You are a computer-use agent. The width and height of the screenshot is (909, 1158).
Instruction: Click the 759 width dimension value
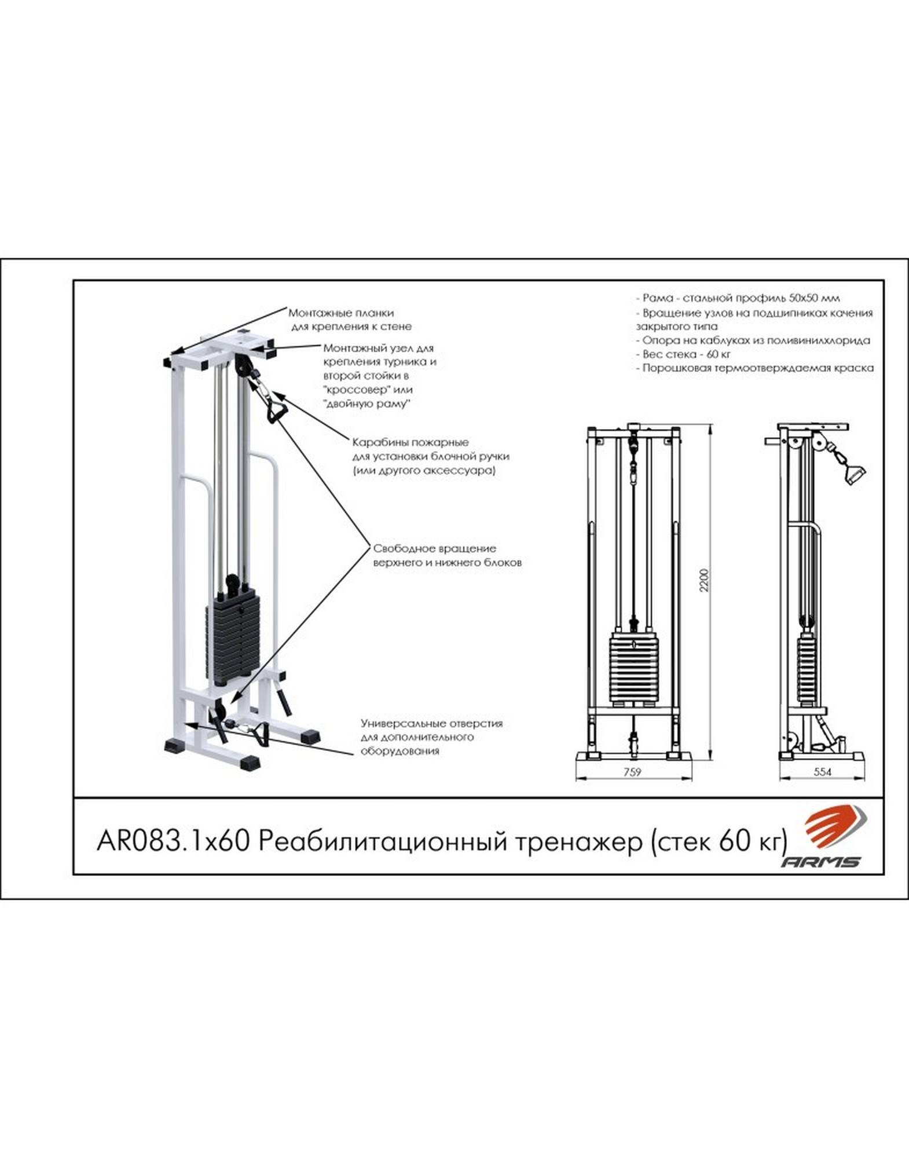(x=633, y=771)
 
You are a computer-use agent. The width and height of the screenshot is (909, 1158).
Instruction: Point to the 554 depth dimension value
(x=823, y=771)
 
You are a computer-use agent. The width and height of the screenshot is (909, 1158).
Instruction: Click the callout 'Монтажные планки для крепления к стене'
(x=350, y=320)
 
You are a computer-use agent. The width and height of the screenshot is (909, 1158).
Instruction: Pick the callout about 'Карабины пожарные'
(x=431, y=456)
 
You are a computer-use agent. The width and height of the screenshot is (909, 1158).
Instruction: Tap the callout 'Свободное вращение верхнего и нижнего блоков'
(x=448, y=555)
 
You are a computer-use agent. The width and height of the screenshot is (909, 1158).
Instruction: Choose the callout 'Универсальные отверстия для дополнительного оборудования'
(x=431, y=737)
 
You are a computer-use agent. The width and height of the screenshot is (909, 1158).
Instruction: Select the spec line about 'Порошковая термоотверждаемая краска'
(x=754, y=368)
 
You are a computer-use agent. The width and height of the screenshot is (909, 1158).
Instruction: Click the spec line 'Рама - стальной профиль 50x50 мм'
(x=738, y=298)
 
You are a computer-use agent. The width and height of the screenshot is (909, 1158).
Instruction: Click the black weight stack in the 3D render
(x=232, y=636)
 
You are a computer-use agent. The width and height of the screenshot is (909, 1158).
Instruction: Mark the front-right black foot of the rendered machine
(x=248, y=761)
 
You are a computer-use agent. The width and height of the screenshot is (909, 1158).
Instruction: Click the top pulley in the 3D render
(x=242, y=365)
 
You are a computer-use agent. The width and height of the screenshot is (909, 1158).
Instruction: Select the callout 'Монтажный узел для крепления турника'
(x=380, y=376)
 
